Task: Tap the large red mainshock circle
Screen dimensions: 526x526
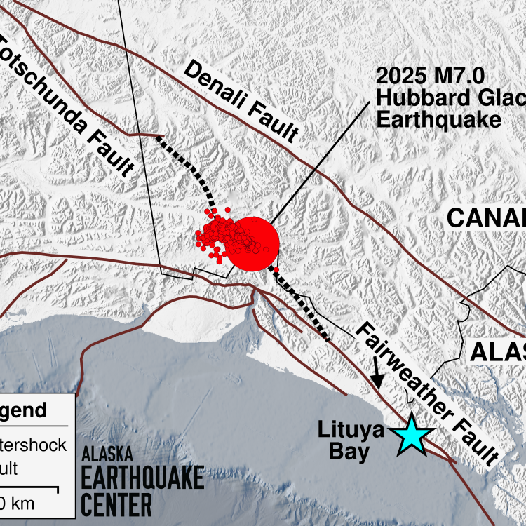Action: (253, 243)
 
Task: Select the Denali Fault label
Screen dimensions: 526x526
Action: (242, 102)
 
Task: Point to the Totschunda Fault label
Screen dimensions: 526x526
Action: (67, 105)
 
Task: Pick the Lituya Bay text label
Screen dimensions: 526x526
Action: (350, 441)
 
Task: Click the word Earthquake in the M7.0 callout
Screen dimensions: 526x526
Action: (439, 119)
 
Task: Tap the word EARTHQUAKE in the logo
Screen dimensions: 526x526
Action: (142, 478)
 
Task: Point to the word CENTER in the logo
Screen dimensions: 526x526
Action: (116, 504)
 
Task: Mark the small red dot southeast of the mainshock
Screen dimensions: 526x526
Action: (276, 270)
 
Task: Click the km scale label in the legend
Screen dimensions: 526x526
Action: (17, 503)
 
